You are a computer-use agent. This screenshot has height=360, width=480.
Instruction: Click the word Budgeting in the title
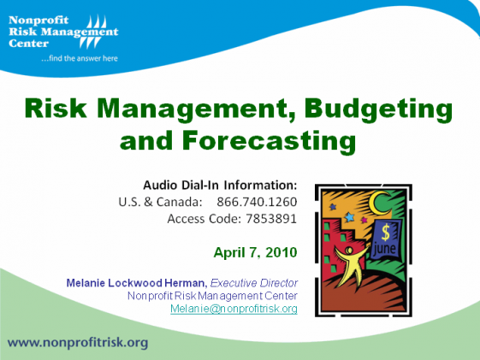[378, 109]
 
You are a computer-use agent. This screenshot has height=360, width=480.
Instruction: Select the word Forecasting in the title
[269, 141]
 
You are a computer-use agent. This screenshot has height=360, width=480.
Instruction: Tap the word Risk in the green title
[56, 108]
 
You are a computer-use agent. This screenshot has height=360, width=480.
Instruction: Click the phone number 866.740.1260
[257, 202]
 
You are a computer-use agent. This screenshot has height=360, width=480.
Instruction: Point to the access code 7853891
[271, 219]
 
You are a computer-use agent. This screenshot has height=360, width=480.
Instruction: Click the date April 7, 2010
[255, 252]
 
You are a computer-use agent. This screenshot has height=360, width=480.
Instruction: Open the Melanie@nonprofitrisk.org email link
[234, 309]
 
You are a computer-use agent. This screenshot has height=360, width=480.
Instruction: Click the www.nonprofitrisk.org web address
[78, 343]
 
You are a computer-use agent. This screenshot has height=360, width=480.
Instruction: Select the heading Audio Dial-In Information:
[220, 185]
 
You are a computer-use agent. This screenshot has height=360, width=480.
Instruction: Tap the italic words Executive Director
[254, 283]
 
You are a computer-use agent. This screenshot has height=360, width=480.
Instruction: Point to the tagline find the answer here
[80, 58]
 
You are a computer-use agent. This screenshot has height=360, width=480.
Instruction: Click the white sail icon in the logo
[93, 32]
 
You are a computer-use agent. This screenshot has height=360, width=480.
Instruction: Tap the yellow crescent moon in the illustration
[377, 204]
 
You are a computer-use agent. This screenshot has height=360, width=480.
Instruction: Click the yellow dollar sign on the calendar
[386, 232]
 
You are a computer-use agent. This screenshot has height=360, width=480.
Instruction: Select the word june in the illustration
[384, 249]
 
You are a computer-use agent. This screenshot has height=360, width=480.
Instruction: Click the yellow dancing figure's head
[349, 251]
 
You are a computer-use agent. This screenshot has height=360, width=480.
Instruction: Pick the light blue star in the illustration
[349, 217]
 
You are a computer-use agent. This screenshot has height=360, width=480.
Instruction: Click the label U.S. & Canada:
[160, 202]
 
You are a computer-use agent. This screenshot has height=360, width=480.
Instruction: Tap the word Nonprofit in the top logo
[39, 21]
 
